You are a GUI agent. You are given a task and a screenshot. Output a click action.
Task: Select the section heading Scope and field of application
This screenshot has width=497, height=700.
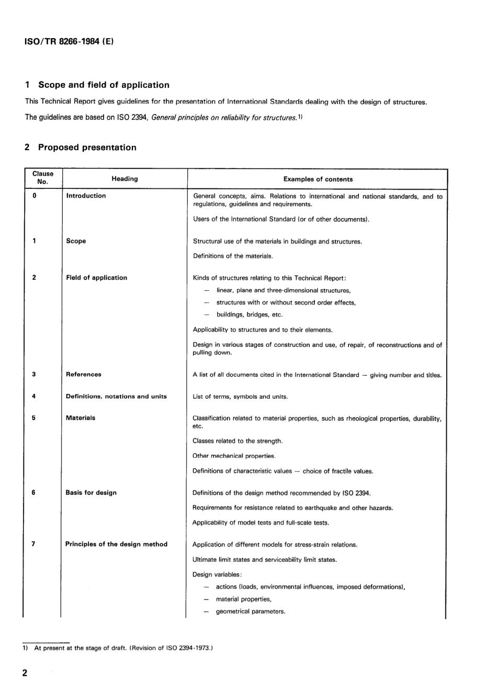pos(104,85)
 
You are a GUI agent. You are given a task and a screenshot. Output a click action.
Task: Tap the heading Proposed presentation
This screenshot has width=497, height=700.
pos(87,148)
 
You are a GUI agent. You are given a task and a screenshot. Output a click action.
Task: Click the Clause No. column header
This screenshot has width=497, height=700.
pos(43,178)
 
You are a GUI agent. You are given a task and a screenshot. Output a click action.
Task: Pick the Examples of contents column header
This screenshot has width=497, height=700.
pos(318,179)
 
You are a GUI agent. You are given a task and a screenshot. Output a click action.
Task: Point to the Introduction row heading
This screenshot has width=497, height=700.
pos(86,196)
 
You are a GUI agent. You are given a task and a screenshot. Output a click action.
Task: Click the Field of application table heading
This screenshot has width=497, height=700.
pos(96,278)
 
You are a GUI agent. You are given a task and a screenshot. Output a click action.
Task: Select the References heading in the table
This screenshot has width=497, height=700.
pos(84,375)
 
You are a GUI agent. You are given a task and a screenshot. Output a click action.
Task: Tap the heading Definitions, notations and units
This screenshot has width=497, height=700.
pos(116,397)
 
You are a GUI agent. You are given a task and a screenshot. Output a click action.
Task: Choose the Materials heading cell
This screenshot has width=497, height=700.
pos(81,418)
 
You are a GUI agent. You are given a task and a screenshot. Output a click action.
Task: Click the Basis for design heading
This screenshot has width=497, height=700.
pos(91,493)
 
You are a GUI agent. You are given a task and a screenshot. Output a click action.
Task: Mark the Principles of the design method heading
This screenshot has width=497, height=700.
pos(116,544)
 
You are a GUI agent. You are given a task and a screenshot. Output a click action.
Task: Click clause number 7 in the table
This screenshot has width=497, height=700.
pos(33,544)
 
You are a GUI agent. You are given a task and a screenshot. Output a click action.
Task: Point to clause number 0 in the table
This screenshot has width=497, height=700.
pos(35,196)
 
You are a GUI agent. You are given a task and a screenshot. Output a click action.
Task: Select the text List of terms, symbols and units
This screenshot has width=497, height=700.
pos(240,397)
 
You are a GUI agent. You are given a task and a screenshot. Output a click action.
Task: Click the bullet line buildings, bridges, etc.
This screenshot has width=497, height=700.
pos(249,315)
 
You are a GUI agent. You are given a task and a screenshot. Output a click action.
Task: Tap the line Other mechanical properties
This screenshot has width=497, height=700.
pos(234,456)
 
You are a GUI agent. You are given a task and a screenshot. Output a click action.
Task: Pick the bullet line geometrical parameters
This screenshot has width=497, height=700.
pos(250,612)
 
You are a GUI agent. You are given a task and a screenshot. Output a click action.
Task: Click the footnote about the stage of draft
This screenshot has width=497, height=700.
pos(123,648)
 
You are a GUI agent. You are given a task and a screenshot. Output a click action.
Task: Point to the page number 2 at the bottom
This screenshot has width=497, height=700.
pos(25,673)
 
